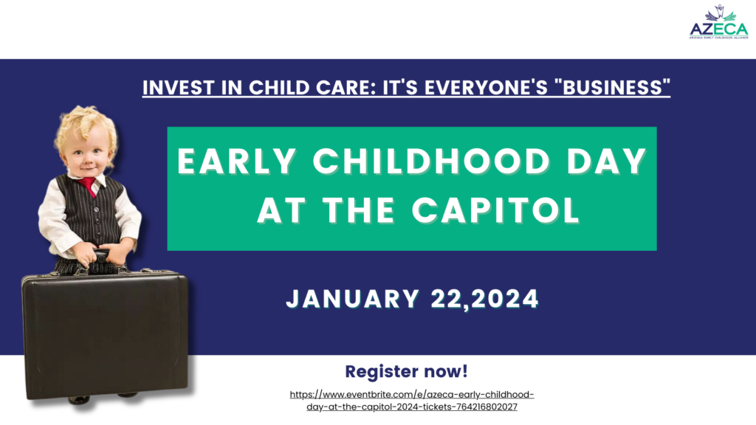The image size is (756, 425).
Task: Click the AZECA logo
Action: pyautogui.click(x=719, y=22)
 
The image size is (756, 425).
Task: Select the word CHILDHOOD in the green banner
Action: pyautogui.click(x=431, y=161)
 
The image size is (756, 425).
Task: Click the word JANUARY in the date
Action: pyautogui.click(x=353, y=299)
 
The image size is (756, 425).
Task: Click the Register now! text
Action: pyautogui.click(x=407, y=372)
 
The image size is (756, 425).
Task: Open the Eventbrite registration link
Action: pyautogui.click(x=412, y=401)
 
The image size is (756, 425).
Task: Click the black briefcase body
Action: pyautogui.click(x=105, y=335)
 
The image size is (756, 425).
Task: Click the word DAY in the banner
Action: pyautogui.click(x=607, y=161)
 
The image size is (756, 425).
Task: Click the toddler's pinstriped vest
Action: pyautogui.click(x=92, y=211)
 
